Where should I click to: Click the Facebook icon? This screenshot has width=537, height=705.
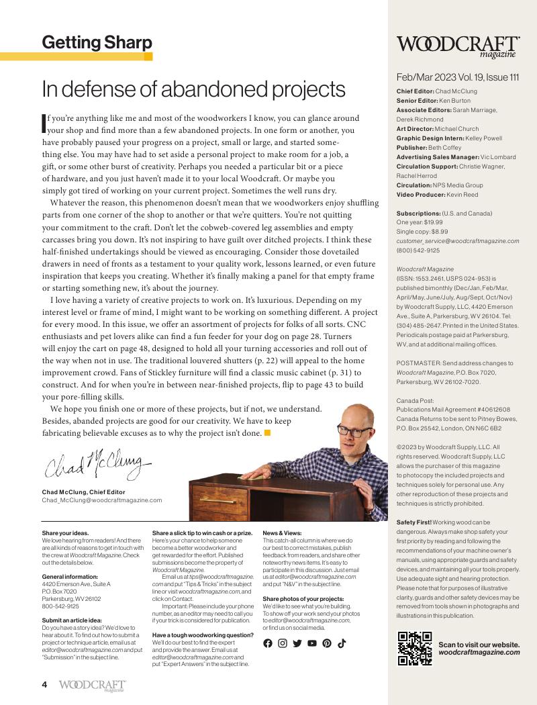click(268, 643)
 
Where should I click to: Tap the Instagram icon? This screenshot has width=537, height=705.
click(283, 643)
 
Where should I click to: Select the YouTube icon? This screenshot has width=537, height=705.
click(311, 643)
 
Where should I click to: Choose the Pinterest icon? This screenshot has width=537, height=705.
click(326, 643)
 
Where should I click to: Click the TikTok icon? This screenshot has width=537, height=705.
click(341, 643)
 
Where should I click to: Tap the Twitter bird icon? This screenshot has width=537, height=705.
click(297, 643)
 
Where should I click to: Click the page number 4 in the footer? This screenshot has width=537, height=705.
click(44, 685)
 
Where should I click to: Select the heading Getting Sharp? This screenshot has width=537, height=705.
click(97, 43)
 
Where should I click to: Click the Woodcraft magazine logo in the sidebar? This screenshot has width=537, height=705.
click(458, 46)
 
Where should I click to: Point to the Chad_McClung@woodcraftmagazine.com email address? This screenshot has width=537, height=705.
click(101, 500)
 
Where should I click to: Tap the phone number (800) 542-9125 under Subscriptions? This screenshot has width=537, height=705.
click(418, 250)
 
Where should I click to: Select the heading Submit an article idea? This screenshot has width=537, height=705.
click(72, 620)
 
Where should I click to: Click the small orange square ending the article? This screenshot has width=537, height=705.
click(267, 432)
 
